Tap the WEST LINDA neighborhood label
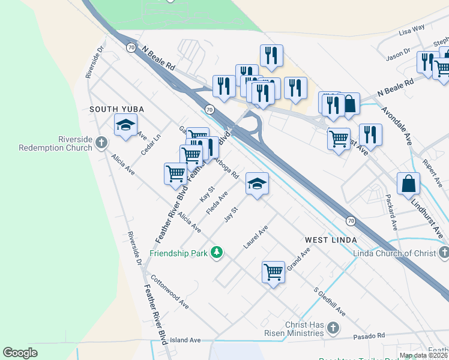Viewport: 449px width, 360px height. click(331, 240)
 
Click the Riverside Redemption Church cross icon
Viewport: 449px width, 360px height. click(101, 143)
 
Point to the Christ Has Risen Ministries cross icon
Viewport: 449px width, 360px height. click(334, 328)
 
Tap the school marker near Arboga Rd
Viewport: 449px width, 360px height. click(257, 185)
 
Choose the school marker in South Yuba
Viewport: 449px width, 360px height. click(125, 125)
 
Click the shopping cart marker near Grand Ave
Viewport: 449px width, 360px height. click(273, 272)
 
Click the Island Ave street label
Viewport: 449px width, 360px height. click(185, 340)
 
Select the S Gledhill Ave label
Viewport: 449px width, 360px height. click(330, 302)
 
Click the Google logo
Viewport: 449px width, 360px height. click(20, 353)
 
